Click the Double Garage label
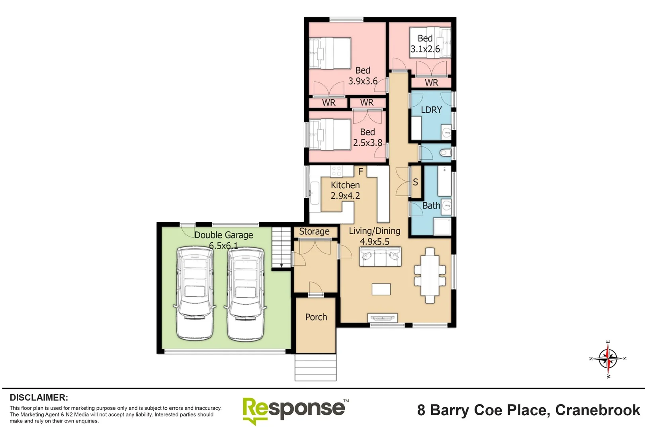(x=223, y=235)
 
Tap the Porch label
(x=316, y=317)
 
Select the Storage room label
(x=314, y=232)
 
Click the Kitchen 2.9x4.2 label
(x=345, y=190)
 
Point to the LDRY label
(x=431, y=110)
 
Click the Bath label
(x=431, y=206)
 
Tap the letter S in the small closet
(x=415, y=182)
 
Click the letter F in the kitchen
(x=360, y=172)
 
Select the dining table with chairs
(x=430, y=276)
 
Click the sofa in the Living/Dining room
(x=380, y=257)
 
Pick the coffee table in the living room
(x=381, y=289)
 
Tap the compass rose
(x=608, y=359)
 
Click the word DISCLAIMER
(x=39, y=398)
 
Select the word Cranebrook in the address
(x=597, y=410)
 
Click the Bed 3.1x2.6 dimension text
(x=425, y=49)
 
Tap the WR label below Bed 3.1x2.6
(x=431, y=83)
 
